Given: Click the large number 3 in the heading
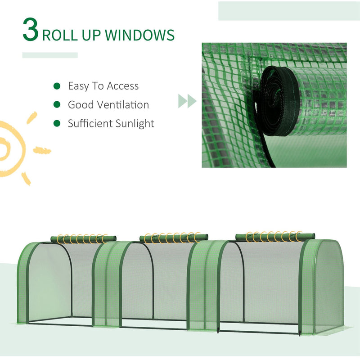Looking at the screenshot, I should point(31,30).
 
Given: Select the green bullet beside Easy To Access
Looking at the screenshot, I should point(57,85).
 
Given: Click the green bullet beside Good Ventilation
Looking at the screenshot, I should point(57,104).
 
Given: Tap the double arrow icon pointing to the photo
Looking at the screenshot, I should point(187,101).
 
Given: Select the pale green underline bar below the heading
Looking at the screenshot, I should point(49,55).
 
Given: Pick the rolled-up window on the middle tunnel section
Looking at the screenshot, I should point(174,237).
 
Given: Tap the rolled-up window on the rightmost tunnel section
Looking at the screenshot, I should point(275,236).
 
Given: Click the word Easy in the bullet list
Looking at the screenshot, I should point(78,86).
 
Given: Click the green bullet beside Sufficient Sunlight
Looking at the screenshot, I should point(57,123).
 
